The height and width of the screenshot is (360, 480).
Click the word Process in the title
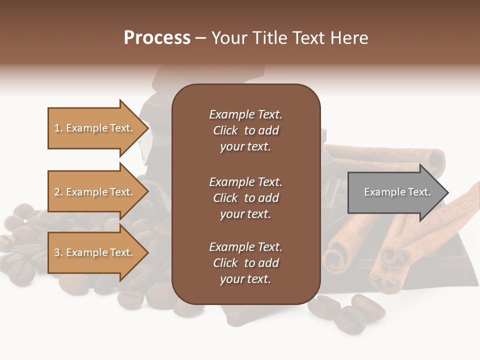[x=157, y=38]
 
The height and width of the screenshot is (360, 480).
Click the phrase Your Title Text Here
[x=289, y=38]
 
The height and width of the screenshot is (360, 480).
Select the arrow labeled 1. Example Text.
[x=93, y=128]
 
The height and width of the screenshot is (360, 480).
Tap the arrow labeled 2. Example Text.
[x=93, y=192]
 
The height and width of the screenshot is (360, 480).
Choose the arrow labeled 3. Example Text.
[x=93, y=252]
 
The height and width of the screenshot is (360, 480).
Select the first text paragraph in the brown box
[x=245, y=130]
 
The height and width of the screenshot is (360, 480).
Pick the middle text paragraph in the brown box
[x=245, y=198]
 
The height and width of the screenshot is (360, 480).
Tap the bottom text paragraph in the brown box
[x=245, y=263]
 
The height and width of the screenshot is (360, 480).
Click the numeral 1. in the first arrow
[x=58, y=128]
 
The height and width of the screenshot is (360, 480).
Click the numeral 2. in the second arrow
[x=58, y=192]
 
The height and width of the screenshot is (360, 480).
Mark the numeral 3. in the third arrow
[x=58, y=252]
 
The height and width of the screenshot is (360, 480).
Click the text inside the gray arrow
[x=397, y=192]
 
